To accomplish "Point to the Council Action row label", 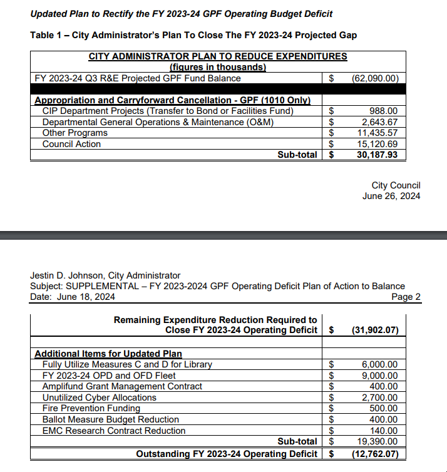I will pyautogui.click(x=71, y=144).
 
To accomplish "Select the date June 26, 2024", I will pyautogui.click(x=391, y=196).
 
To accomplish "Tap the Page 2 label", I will pyautogui.click(x=406, y=297).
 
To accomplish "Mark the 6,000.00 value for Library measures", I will pyautogui.click(x=379, y=364).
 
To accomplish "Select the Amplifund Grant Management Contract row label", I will pyautogui.click(x=122, y=386).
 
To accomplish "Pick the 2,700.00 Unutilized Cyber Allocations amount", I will pyautogui.click(x=379, y=398).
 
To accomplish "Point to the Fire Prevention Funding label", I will pyautogui.click(x=91, y=408).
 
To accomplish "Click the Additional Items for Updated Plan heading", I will pyautogui.click(x=108, y=354).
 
